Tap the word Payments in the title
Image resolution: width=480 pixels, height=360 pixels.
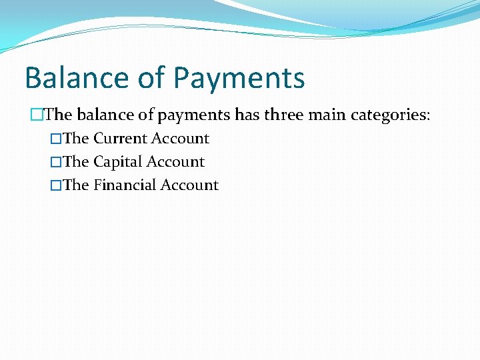pyautogui.click(x=239, y=79)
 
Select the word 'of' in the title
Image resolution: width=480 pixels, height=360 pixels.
pyautogui.click(x=151, y=77)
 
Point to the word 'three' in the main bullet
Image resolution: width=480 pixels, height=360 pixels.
pyautogui.click(x=287, y=115)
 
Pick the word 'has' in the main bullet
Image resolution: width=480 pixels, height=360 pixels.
pyautogui.click(x=247, y=115)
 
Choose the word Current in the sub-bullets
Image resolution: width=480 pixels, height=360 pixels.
pyautogui.click(x=120, y=139)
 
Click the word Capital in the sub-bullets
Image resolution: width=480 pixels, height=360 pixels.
pyautogui.click(x=117, y=162)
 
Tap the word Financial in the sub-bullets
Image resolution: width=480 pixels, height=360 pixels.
pyautogui.click(x=123, y=185)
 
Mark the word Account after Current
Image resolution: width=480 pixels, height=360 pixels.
pyautogui.click(x=180, y=139)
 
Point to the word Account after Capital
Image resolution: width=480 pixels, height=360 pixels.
pyautogui.click(x=175, y=162)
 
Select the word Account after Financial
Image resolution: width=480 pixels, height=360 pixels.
pyautogui.click(x=189, y=185)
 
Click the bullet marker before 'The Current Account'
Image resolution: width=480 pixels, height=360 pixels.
pyautogui.click(x=56, y=139)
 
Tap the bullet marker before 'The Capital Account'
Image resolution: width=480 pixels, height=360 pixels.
pyautogui.click(x=56, y=162)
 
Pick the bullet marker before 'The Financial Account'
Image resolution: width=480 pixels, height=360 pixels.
pyautogui.click(x=56, y=185)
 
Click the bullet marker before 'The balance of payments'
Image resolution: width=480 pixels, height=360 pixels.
pyautogui.click(x=37, y=115)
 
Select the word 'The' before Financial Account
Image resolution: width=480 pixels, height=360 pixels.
pyautogui.click(x=76, y=185)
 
